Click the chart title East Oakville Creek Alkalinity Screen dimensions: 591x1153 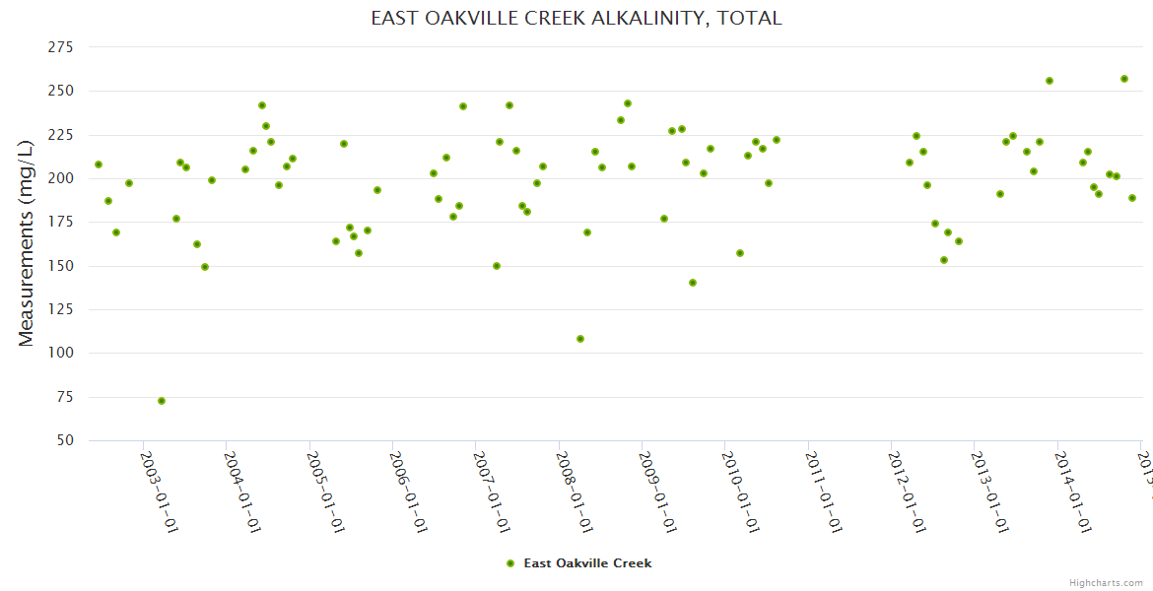576,19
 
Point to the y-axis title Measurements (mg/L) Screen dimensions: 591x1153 27,242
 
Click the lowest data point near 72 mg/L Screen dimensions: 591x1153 162,401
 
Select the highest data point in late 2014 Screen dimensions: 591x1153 1124,79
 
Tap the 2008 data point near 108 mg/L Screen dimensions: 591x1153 580,339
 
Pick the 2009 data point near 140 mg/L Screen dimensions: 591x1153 693,283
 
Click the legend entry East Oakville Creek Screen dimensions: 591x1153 587,563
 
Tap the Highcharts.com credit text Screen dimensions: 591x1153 1106,583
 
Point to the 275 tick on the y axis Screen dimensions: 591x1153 61,47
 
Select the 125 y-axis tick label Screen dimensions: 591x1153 61,309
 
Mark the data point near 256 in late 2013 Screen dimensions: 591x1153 1050,81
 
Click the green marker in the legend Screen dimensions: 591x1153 510,563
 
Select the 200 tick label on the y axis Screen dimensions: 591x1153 61,178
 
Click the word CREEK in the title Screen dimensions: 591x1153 552,19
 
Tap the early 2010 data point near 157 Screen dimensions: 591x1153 740,253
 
